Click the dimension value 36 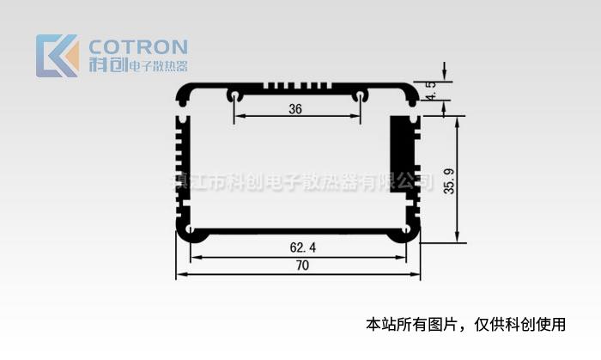coord(295,109)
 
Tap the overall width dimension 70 coord(301,266)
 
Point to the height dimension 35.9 coord(448,180)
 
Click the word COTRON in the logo coord(137,46)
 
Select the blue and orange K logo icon coord(57,56)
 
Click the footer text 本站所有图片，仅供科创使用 coord(466,325)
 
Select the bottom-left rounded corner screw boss coord(188,232)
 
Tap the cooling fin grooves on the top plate coord(297,87)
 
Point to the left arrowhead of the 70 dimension coord(180,275)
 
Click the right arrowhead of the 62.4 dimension coord(404,256)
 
